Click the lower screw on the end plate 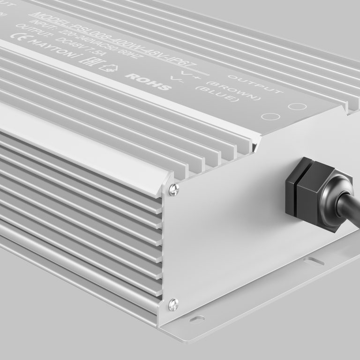tap(172, 303)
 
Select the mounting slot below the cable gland tap(313, 261)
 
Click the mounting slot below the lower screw tap(197, 319)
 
